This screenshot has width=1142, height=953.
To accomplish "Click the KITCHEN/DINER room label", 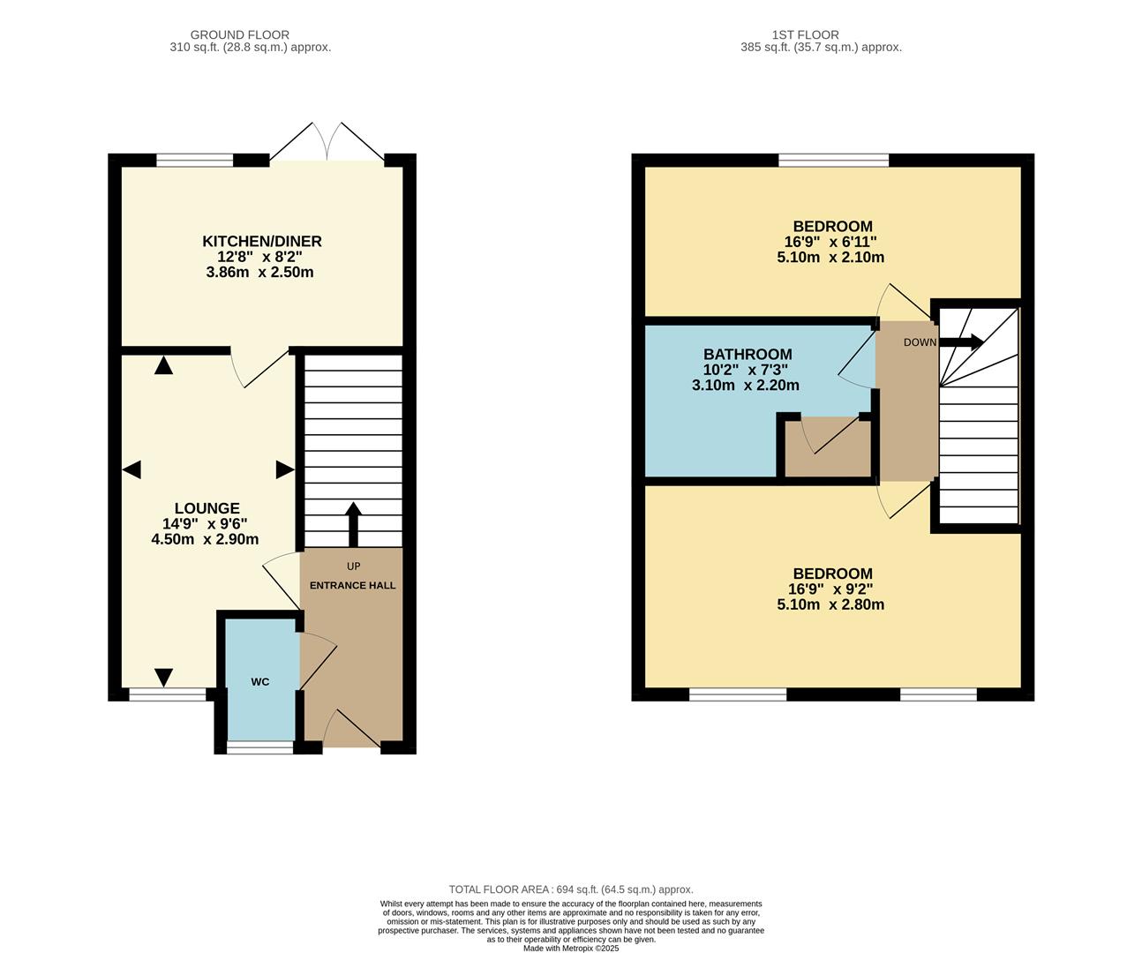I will coord(262,241).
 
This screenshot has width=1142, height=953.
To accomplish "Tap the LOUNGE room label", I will coord(207,508).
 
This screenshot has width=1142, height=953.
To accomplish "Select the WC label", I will coord(259,682).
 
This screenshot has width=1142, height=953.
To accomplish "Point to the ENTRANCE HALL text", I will coord(352,585).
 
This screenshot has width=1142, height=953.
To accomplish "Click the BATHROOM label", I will coord(748,355).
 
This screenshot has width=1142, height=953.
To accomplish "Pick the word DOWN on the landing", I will coord(920,342).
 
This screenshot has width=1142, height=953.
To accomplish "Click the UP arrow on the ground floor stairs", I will coord(353,525).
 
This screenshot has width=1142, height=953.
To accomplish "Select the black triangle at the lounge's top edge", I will coord(163,364).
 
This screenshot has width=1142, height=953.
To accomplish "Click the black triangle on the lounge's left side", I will coord(131,469).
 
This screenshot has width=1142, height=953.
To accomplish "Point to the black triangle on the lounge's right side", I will coord(284,469).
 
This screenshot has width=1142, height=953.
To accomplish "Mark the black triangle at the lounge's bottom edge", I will coord(163,677).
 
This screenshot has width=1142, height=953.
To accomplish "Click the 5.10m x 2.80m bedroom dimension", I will coord(830,604).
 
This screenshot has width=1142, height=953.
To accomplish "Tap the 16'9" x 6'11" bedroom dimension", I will coord(830,242).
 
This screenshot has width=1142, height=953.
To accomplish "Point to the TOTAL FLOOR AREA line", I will coord(571,889).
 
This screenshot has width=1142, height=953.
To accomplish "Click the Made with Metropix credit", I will coord(571,949).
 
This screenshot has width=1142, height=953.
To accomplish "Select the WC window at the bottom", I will coord(260,748).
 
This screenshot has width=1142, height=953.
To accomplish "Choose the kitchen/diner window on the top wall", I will coord(195,161).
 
